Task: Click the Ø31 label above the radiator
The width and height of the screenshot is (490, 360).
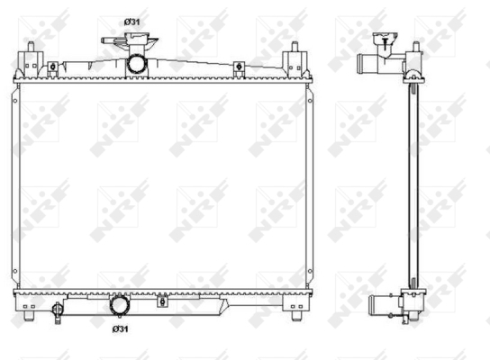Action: pos(132,22)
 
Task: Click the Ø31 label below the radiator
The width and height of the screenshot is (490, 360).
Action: pos(121,328)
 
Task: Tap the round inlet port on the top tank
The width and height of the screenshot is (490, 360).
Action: pos(137,64)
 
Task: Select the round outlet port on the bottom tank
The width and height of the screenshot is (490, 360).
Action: pos(119,305)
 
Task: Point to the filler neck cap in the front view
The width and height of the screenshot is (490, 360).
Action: pos(130,39)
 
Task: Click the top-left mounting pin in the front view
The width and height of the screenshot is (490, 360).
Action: pos(31,47)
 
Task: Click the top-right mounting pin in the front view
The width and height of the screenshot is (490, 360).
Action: pos(294,47)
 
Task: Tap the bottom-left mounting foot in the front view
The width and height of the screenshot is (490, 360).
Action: pos(29,316)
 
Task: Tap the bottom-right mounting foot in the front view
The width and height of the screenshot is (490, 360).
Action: pos(296,316)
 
